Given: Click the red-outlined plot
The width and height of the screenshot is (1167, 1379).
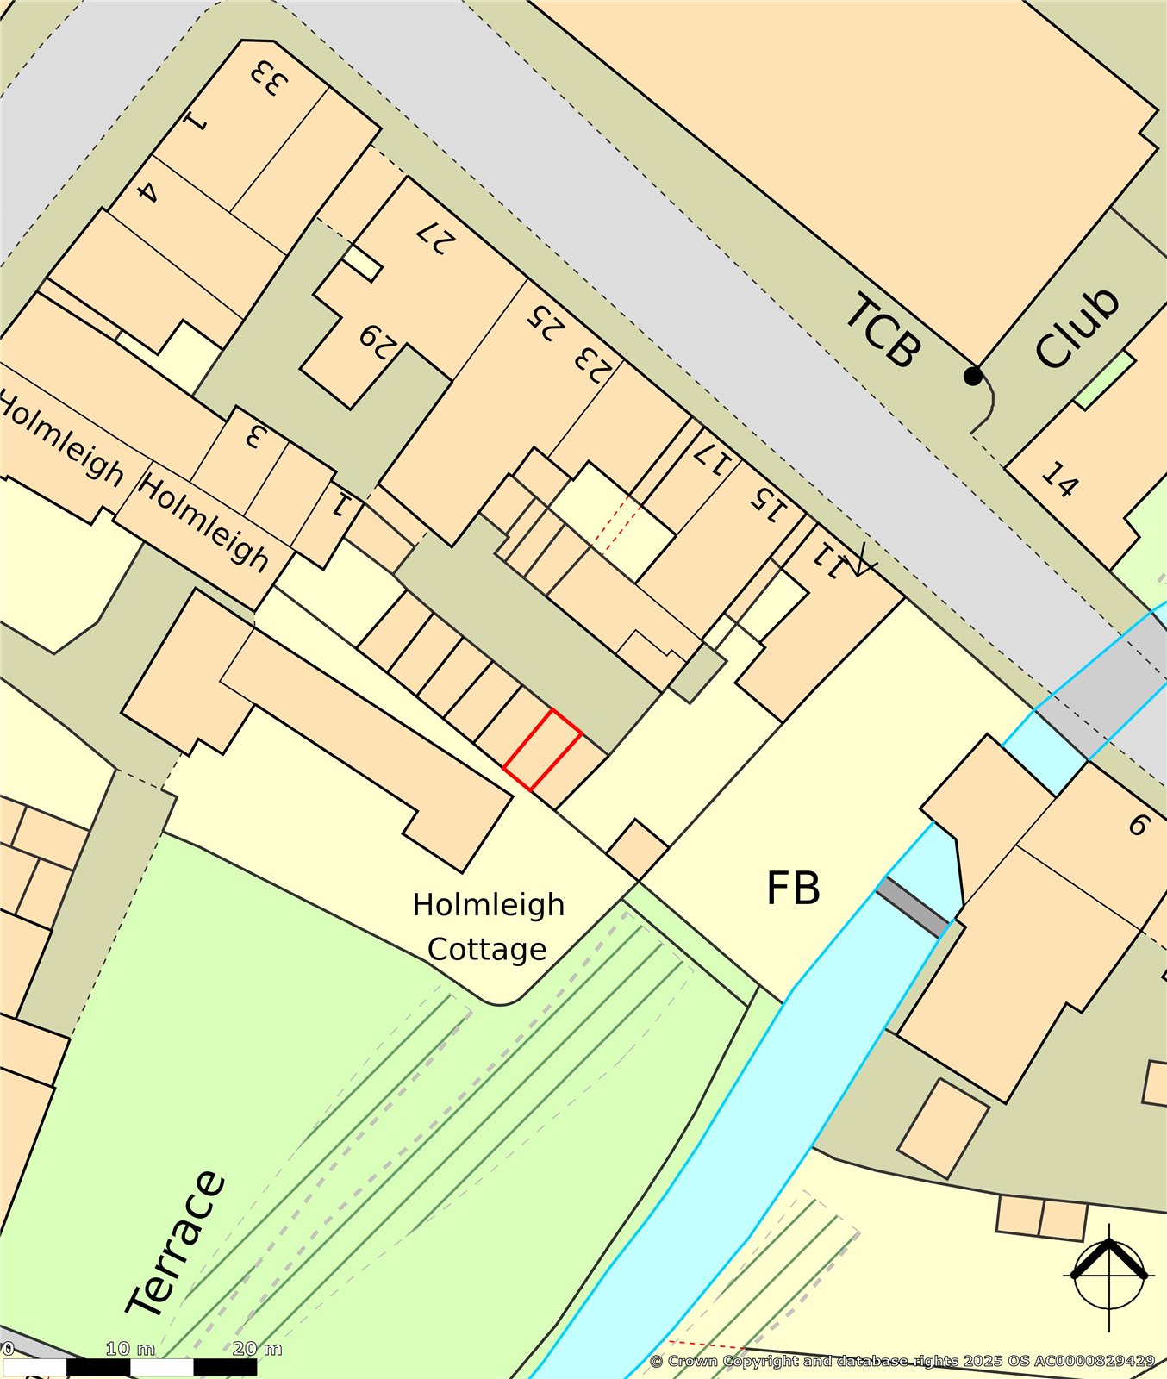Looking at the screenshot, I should point(542,750).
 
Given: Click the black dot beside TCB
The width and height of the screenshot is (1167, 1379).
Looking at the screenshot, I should point(972,376).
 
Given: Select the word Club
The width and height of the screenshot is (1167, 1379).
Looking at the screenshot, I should point(1077,328).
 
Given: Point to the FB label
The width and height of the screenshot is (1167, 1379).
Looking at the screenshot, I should point(793,889).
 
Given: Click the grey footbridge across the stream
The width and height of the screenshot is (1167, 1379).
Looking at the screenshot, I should point(913,908).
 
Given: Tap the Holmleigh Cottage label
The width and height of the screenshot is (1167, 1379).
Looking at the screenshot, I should point(488,927).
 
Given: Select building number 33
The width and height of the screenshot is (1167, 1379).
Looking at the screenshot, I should point(268,79).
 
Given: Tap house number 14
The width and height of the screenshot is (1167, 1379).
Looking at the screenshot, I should point(1059,479).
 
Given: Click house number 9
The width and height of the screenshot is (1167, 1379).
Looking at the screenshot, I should point(1139,825).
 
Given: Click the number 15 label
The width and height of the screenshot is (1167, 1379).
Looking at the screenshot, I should point(768,504).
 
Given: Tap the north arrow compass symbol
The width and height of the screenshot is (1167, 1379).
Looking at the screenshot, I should point(1109,1275).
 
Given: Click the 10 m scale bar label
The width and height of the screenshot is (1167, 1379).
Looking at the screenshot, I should point(130,1348).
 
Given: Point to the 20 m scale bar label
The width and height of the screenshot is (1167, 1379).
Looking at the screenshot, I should point(257,1348).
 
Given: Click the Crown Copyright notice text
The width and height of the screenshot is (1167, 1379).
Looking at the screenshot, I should point(902,1361).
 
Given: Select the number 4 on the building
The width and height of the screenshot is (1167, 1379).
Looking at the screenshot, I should point(147,191).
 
